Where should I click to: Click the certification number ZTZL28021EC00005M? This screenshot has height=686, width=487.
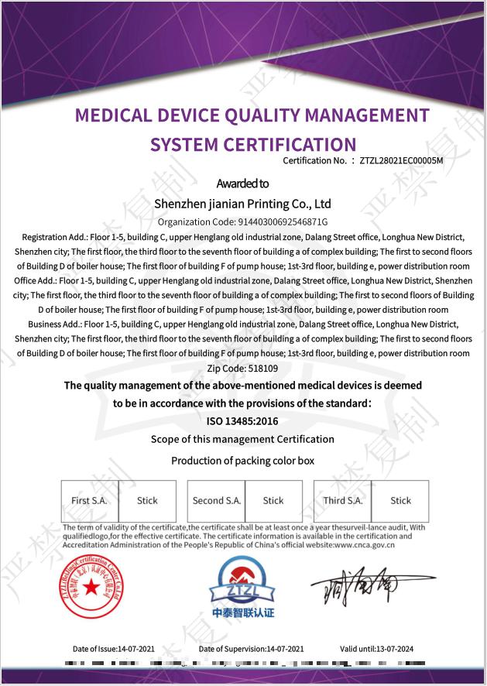point(401,161)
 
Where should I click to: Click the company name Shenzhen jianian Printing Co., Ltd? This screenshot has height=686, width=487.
point(242,204)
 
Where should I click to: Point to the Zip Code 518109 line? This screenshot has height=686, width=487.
point(243,368)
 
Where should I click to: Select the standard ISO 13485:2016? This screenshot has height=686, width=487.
point(242,421)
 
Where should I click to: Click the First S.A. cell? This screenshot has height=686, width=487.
point(89,501)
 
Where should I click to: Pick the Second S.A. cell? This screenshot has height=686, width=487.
point(217,501)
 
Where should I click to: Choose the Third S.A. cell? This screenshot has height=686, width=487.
point(343,501)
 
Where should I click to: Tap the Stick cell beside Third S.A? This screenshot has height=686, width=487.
point(400,501)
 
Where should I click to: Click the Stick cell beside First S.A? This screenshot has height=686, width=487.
point(147,501)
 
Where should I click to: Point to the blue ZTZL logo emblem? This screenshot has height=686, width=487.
point(242,582)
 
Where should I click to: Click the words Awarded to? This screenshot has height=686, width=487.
point(242,184)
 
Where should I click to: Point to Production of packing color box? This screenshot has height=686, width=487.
point(242,461)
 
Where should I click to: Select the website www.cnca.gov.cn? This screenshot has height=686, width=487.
point(365,544)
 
